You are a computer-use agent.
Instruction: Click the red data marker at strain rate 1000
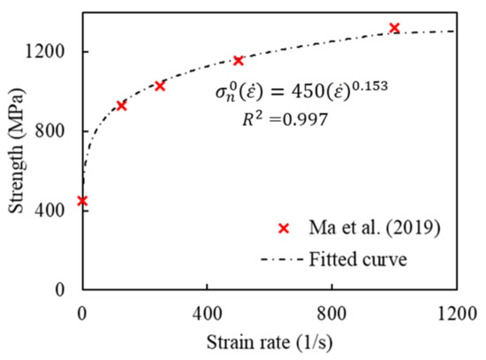point(394,28)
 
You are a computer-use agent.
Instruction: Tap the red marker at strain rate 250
point(160,86)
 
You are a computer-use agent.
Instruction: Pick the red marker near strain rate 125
point(121,105)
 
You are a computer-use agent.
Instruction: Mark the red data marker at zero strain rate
point(82,201)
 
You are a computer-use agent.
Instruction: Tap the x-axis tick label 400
point(207,311)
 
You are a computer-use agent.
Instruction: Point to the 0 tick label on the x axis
point(82,311)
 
